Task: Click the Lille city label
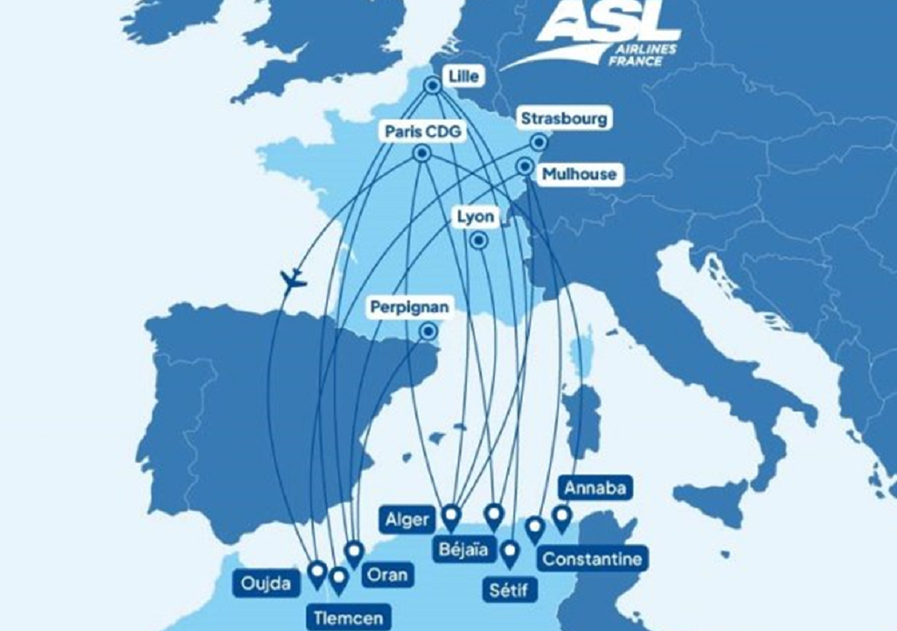click(x=464, y=76)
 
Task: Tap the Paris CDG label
click(x=423, y=132)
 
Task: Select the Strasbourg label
click(x=563, y=119)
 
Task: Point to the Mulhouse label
click(x=578, y=174)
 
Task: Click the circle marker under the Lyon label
click(x=479, y=239)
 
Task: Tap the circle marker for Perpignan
click(x=428, y=331)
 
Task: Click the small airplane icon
click(x=293, y=281)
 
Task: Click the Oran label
click(x=387, y=575)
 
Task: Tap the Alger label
click(x=407, y=520)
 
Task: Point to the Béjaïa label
click(x=463, y=549)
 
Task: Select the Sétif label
click(x=508, y=590)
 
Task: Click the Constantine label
click(x=592, y=558)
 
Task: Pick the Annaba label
click(x=595, y=488)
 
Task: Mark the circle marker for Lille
click(x=433, y=85)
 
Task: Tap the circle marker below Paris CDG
click(x=422, y=153)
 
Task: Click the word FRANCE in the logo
click(x=635, y=61)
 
